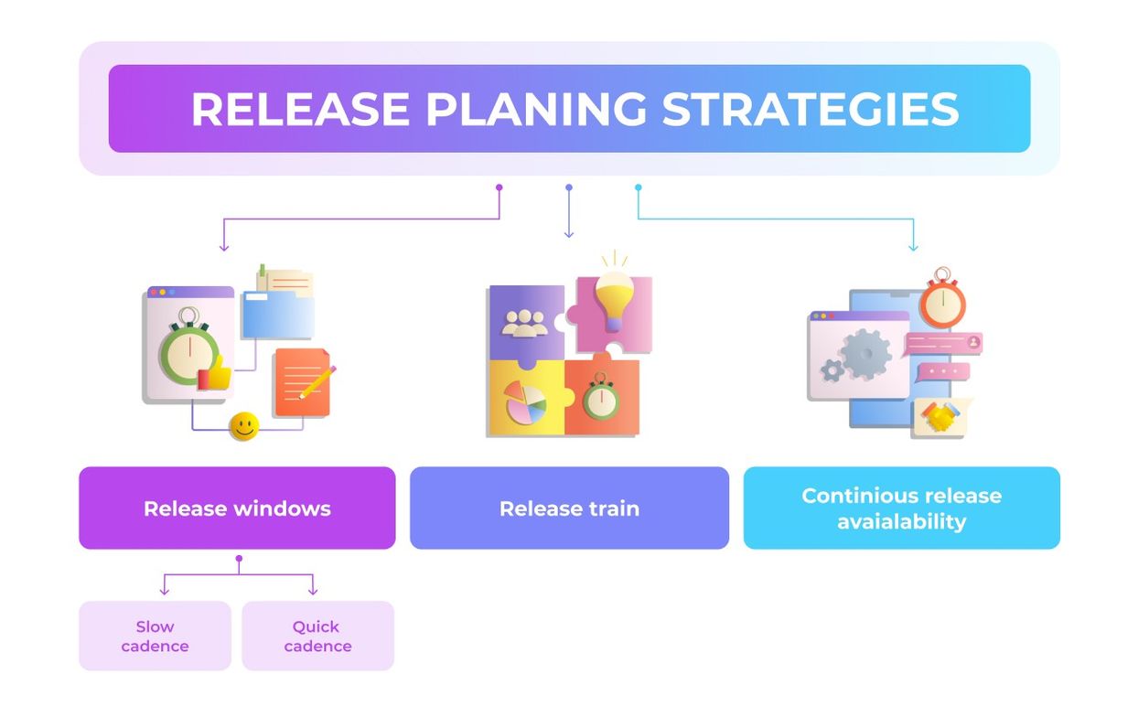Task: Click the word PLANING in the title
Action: point(536,109)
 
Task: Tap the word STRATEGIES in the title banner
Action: point(811,109)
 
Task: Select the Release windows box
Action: point(237,508)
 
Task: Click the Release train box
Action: point(570,508)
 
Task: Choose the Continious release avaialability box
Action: point(902,508)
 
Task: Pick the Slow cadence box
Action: point(155,636)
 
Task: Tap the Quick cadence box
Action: point(318,636)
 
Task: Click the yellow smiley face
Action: point(244,426)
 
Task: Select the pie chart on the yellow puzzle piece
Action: point(526,403)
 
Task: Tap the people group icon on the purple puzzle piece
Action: point(525,324)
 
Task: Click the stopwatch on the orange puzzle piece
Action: point(601,397)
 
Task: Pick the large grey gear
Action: point(865,354)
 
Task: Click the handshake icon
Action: point(940,417)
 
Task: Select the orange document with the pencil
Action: point(304,382)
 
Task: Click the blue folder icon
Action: point(278,315)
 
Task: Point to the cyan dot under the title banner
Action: point(639,187)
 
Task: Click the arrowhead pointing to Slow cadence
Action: point(164,591)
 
